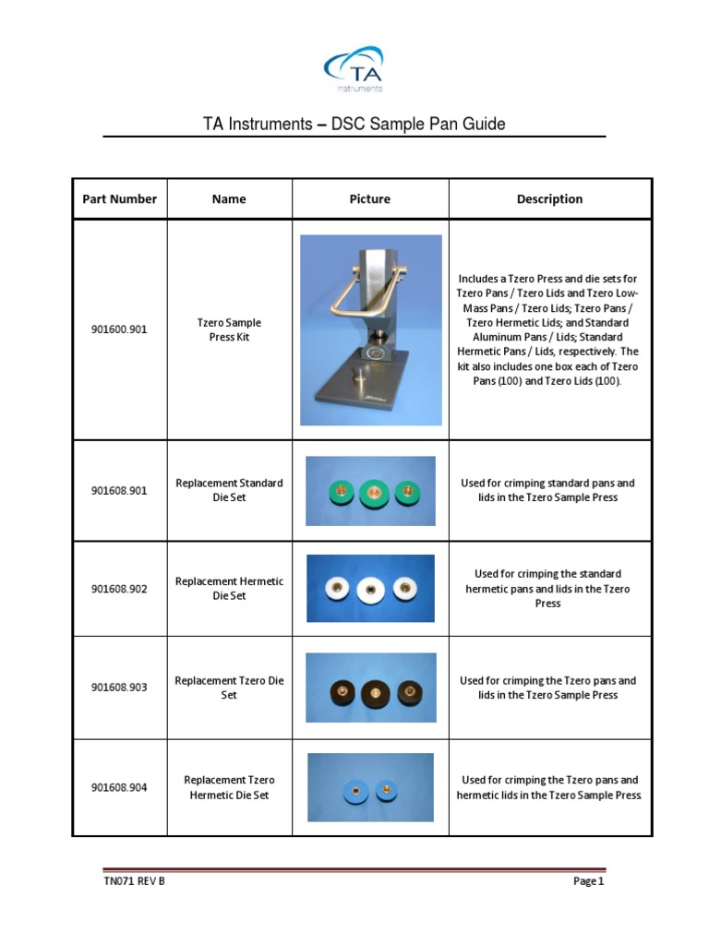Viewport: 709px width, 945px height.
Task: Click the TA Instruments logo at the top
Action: (354, 70)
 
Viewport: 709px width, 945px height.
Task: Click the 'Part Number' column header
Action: (120, 198)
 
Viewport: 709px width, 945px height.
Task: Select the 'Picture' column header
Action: (370, 198)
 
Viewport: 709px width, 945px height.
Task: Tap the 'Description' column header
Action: (549, 198)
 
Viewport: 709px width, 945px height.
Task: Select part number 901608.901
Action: (119, 491)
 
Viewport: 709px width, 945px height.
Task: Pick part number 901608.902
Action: (119, 590)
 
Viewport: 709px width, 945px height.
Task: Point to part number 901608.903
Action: (119, 688)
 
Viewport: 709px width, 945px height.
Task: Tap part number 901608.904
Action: (119, 787)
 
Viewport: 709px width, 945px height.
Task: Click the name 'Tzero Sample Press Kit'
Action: (229, 330)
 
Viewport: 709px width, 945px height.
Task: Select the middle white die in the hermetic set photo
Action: (370, 588)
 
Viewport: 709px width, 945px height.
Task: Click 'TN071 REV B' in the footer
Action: (135, 881)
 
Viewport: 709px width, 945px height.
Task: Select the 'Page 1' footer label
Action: (588, 881)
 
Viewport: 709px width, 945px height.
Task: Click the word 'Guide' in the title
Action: (483, 124)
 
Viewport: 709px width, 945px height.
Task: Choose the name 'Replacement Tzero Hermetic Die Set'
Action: (229, 787)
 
